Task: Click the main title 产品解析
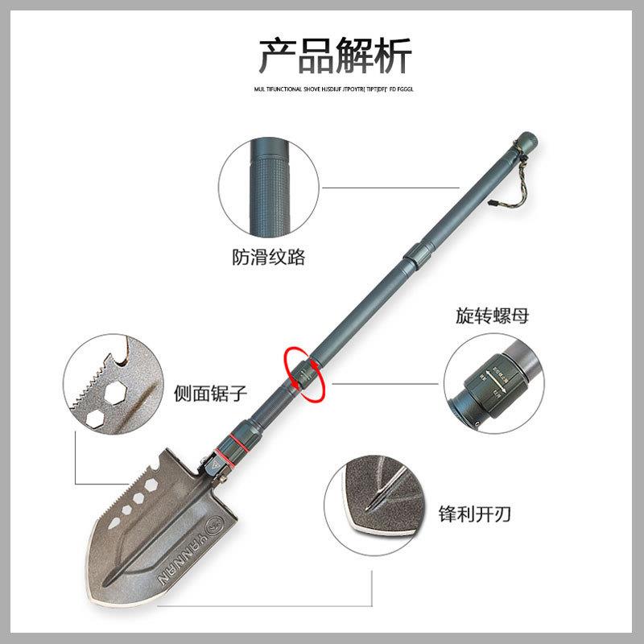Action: click(334, 56)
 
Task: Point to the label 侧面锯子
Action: click(210, 394)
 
